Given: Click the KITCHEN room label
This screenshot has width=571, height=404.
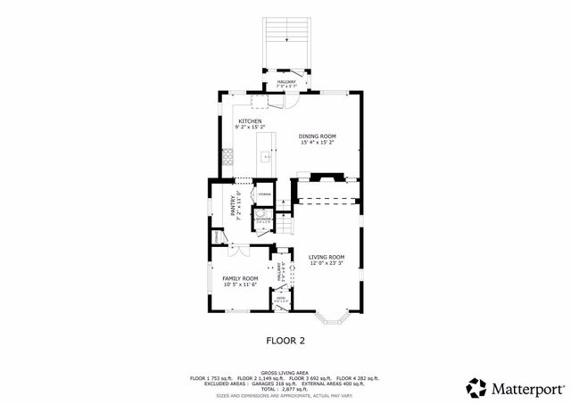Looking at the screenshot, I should click(249, 120).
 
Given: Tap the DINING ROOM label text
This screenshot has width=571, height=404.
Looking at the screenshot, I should click(317, 136).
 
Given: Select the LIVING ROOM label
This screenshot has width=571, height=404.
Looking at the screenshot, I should click(327, 257).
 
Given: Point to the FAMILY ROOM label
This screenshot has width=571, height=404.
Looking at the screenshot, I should click(239, 278).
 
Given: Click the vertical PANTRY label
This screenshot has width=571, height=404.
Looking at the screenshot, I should click(234, 207).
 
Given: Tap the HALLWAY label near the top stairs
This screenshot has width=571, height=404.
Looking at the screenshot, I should click(286, 80).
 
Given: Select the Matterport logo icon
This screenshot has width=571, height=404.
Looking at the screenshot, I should click(477, 388).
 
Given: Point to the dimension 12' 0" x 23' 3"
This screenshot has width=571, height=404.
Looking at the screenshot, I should click(327, 263).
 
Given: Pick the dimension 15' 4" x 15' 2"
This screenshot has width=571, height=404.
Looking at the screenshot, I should click(317, 142).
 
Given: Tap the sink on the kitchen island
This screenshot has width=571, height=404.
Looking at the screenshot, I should click(265, 157).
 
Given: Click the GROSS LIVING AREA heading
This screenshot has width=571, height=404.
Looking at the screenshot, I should click(285, 372).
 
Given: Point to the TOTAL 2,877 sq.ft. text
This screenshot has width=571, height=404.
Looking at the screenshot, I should click(285, 390).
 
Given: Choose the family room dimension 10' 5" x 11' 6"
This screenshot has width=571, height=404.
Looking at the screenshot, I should click(239, 284).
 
